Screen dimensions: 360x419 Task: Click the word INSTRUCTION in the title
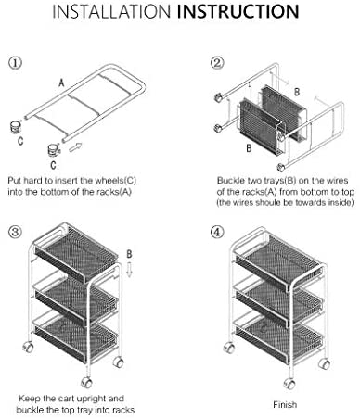point(238,11)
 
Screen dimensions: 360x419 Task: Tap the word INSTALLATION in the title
point(111,11)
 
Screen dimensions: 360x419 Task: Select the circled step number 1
point(15,63)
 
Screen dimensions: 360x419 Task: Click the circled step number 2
point(217,63)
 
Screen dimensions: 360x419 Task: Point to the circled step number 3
point(15,232)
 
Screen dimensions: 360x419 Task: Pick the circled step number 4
point(217,232)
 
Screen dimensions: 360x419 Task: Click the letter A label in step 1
point(61,83)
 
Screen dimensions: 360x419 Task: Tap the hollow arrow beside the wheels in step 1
point(75,147)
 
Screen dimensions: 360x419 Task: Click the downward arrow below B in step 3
point(129,270)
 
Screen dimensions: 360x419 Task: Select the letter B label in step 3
point(129,254)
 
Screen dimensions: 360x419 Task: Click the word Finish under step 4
point(285,404)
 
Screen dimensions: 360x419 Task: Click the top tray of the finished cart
point(278,262)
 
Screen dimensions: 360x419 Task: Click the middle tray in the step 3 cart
point(76,299)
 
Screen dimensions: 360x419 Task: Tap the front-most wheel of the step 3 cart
point(87,383)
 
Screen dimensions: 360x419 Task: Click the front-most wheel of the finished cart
point(289,384)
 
